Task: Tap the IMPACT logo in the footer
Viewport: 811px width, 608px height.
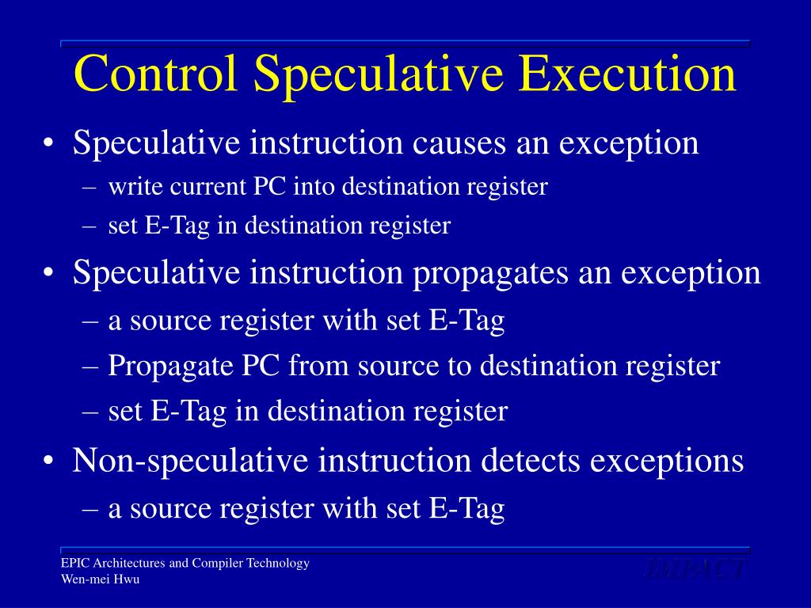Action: click(694, 568)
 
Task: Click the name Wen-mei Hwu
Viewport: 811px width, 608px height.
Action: click(101, 579)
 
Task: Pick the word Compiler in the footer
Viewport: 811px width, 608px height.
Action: click(217, 564)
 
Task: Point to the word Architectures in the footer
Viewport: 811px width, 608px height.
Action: click(129, 564)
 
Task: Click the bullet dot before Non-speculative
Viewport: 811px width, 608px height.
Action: click(50, 462)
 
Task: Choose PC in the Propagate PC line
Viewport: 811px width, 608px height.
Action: click(265, 367)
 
